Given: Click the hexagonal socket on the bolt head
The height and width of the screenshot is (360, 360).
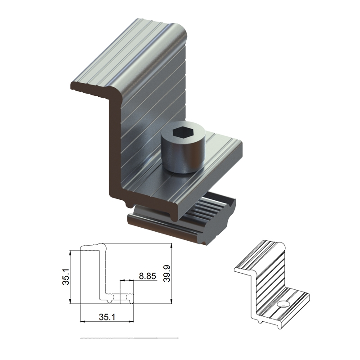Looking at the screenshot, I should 183,133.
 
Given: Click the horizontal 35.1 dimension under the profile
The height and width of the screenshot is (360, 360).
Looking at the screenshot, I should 107,317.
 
